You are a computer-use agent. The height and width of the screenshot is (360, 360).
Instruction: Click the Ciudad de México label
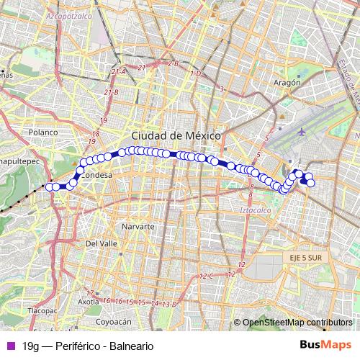coord(176,136)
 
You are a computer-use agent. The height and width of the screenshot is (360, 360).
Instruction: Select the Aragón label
coord(287,83)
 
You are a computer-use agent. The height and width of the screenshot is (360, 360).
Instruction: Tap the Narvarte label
coord(138,226)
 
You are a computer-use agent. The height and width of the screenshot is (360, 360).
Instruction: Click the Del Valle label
coord(101,244)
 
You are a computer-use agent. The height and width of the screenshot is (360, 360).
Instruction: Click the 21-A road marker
coord(119,71)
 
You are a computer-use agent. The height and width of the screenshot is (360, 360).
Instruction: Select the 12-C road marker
coord(207,276)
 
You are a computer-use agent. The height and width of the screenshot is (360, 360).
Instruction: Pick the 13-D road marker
coord(169,305)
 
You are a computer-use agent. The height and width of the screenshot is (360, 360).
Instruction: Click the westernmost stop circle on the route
coord(49,187)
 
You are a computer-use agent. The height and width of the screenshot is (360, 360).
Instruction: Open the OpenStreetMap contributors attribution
coord(297,323)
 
